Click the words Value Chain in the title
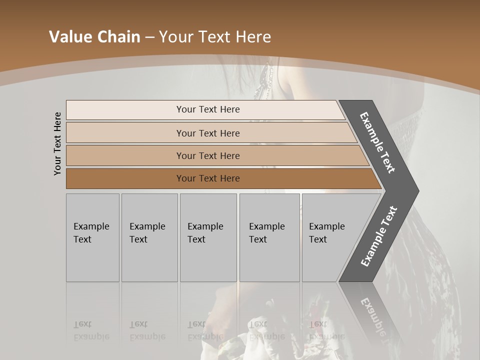coord(94,37)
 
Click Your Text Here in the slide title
coord(214,37)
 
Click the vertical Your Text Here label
coord(57,143)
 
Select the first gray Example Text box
coord(92,237)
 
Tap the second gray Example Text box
coord(149,237)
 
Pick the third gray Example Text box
coord(208,237)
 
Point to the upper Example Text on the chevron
coord(377,142)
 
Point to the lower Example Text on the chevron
coord(379,236)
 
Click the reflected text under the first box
coord(91,330)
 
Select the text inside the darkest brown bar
coord(208,178)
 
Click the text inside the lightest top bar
coord(208,109)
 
